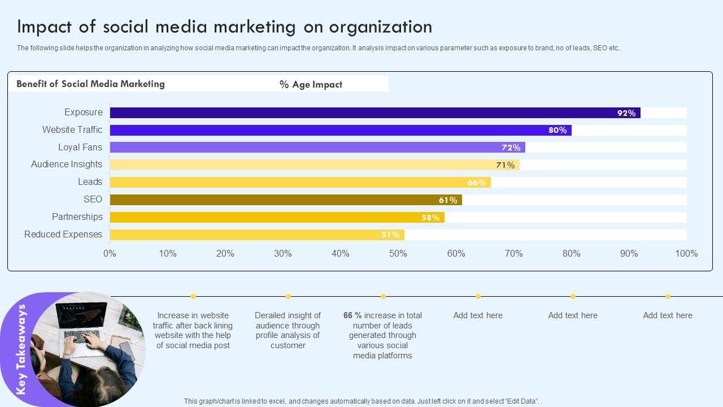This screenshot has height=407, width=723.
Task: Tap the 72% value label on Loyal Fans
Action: pyautogui.click(x=511, y=148)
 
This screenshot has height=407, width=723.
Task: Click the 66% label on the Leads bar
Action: pyautogui.click(x=476, y=183)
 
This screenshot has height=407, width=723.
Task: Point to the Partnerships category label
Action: pyautogui.click(x=77, y=217)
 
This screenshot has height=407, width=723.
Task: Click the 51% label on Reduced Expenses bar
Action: pyautogui.click(x=390, y=235)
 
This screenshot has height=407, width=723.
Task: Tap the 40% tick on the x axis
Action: pyautogui.click(x=340, y=254)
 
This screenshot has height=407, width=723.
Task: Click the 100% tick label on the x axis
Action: pyautogui.click(x=686, y=254)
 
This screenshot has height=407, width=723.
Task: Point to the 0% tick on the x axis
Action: pyautogui.click(x=110, y=254)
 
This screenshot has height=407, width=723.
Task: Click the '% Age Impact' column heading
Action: pyautogui.click(x=311, y=85)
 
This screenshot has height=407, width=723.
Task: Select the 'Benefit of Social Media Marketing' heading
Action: pyautogui.click(x=90, y=84)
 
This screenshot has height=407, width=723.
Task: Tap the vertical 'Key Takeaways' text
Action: pyautogui.click(x=21, y=349)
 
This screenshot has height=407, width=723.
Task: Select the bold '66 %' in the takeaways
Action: pyautogui.click(x=352, y=315)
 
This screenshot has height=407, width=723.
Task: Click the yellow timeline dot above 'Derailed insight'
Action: pyautogui.click(x=288, y=296)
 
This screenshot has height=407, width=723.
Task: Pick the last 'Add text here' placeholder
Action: pyautogui.click(x=667, y=315)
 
